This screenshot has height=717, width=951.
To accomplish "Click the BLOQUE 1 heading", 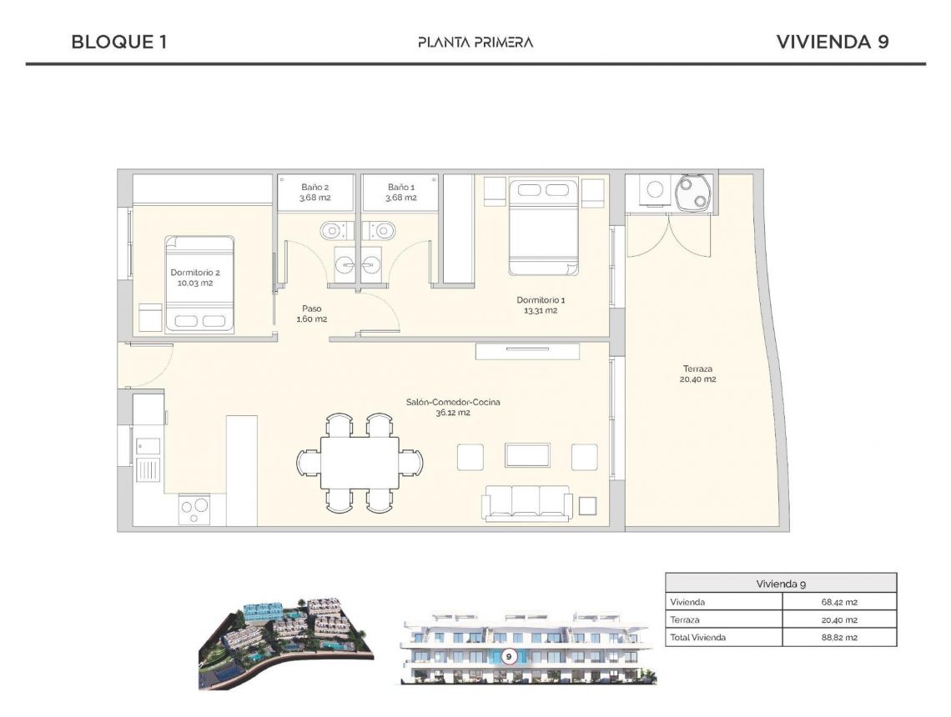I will point(119,42).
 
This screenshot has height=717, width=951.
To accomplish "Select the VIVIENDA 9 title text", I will point(832,42).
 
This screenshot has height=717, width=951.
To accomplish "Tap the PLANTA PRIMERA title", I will point(475,42).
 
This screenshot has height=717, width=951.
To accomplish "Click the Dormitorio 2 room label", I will point(195,278).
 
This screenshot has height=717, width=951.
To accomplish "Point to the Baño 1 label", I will point(400,193).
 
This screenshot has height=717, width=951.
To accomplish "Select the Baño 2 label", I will point(315,193).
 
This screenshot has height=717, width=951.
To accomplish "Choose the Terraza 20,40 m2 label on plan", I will point(697,374).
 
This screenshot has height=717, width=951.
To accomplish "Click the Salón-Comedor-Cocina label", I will point(453,407).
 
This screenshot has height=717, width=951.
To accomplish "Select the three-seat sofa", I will point(526,503).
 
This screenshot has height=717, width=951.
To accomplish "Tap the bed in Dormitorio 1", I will point(544,227).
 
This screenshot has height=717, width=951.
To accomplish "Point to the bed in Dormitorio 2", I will point(199,284).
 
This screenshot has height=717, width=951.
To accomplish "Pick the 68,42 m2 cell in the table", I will point(839,602).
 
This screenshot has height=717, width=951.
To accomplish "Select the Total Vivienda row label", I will point(697,638).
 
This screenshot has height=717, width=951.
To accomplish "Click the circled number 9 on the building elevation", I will point(508,656).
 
